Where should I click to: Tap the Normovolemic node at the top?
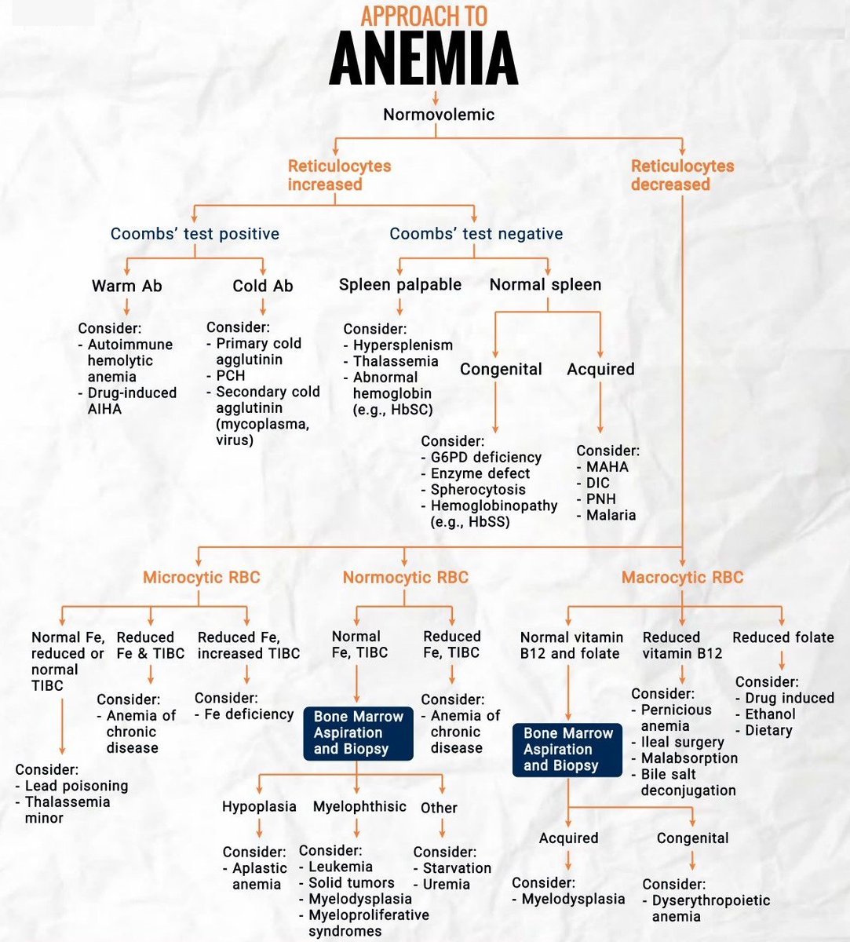[439, 115]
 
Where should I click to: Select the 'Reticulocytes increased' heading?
[338, 175]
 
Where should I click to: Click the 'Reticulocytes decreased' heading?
[682, 175]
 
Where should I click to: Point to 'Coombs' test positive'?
[195, 234]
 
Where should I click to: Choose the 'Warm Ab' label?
[126, 286]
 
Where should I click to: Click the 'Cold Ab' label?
[262, 286]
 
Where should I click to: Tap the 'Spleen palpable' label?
[399, 284]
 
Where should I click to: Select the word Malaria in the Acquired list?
[611, 515]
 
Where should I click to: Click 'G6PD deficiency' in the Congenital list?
[486, 457]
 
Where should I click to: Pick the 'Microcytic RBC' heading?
[201, 578]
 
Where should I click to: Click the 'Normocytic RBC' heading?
[405, 578]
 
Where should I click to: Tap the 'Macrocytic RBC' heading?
[682, 578]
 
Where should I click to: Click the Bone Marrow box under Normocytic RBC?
[358, 732]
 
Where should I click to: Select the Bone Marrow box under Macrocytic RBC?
[567, 749]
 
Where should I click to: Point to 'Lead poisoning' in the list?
[76, 786]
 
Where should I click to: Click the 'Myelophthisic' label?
[359, 807]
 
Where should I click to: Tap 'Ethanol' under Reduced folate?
[770, 714]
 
